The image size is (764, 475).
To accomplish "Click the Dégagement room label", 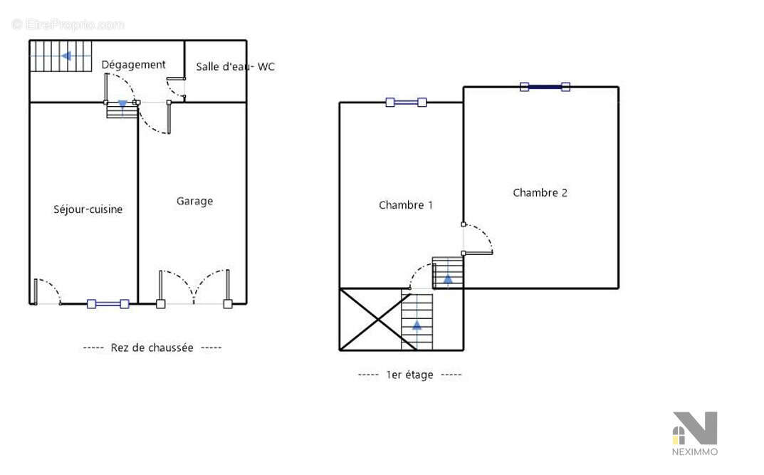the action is [x=134, y=65].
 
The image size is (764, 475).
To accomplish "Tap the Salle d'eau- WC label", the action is [x=236, y=67].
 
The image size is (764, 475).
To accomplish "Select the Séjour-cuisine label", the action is [x=88, y=209].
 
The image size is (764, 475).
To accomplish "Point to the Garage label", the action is [x=194, y=202].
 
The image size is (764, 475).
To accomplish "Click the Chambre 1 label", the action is [x=406, y=205].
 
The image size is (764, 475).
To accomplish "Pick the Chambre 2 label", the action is [x=540, y=193].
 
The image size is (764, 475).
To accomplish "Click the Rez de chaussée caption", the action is [x=152, y=348].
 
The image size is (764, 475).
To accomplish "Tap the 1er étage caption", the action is [x=410, y=375].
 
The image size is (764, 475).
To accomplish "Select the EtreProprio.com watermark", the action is [x=68, y=24].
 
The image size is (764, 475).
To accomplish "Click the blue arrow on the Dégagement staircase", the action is [x=66, y=56].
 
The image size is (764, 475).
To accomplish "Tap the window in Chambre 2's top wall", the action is [x=545, y=87].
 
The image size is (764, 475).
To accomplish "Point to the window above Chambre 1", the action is [x=406, y=103].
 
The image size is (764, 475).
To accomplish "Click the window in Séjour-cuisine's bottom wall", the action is [x=108, y=304].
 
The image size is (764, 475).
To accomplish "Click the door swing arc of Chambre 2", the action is [x=486, y=233].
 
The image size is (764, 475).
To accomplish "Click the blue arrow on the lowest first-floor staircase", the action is [x=417, y=325].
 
